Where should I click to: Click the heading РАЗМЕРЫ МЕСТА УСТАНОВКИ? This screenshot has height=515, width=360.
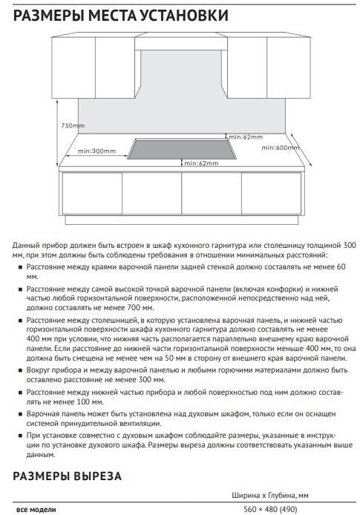point(120,16)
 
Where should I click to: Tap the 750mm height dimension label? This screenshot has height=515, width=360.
point(73,125)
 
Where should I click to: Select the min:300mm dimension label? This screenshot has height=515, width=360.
point(96,151)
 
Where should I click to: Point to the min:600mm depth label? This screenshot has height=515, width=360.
point(280,148)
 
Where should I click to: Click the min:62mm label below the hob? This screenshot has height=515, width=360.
point(201,163)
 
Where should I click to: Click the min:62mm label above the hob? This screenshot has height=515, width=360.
point(246,137)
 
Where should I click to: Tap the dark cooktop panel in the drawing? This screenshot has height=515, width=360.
point(182,148)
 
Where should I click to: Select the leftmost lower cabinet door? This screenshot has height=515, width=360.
point(92,193)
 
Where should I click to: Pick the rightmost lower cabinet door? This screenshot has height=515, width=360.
point(272,193)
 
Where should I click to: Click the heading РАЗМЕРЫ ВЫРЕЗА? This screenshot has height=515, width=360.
point(67,476)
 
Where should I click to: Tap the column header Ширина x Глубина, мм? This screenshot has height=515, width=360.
point(270,495)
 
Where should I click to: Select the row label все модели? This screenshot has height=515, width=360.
point(36,509)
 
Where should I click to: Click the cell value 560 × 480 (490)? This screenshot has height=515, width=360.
point(270,509)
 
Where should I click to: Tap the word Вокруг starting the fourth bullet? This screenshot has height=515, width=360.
point(37,370)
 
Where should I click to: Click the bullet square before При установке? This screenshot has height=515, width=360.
point(20,436)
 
